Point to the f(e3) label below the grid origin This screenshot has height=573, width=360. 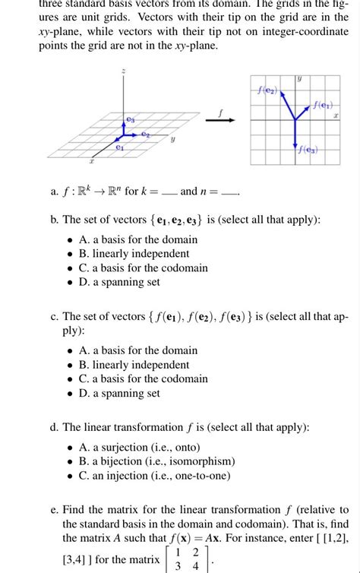pos(308,150)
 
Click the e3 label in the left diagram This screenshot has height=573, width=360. pos(130,119)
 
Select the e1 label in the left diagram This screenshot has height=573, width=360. pos(119,149)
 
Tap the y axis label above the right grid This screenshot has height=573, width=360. pos(299,78)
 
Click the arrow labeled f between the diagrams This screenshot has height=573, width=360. pos(220,119)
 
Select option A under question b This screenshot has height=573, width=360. pos(137,239)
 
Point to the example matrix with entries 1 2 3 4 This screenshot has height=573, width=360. pos(187,559)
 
